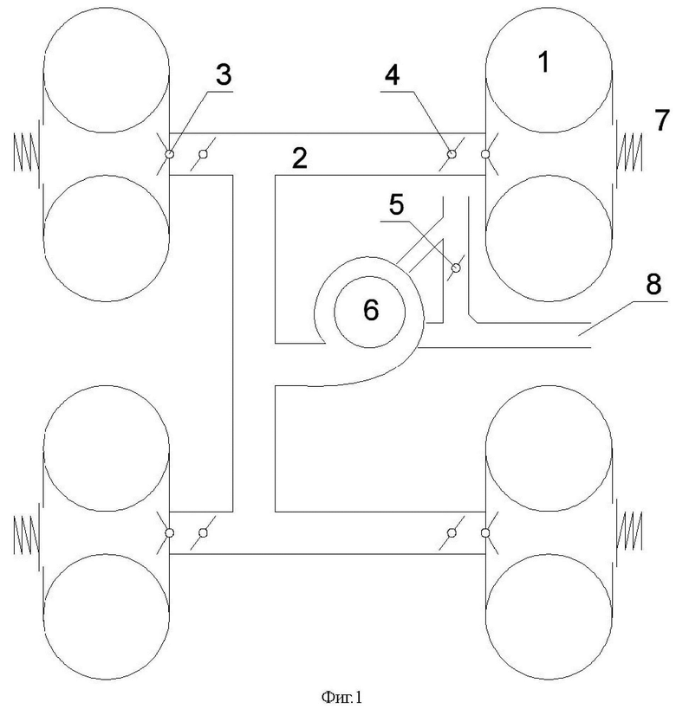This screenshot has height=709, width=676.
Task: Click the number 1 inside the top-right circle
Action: [x=543, y=62]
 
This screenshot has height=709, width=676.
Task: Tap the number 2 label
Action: [x=300, y=158]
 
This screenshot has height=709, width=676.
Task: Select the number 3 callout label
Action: [x=224, y=74]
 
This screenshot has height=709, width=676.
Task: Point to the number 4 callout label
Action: [x=392, y=74]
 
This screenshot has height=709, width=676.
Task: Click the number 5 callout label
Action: [x=396, y=204]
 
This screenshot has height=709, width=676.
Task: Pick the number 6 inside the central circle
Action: [x=371, y=310]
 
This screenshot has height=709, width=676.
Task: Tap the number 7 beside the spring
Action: [x=662, y=119]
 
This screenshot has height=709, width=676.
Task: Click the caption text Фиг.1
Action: [x=341, y=697]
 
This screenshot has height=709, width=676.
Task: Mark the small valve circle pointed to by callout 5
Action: [x=457, y=267]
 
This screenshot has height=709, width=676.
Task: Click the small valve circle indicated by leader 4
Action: [x=452, y=154]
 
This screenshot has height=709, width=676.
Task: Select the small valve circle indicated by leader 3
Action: [x=169, y=154]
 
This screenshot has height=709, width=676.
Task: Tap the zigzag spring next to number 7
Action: [x=629, y=152]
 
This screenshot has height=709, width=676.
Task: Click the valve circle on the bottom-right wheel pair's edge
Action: [x=485, y=533]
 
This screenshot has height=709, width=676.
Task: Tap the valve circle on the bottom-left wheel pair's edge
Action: [x=169, y=533]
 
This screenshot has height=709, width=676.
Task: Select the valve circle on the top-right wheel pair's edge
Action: [x=485, y=154]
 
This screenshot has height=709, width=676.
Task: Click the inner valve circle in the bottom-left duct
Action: [x=204, y=533]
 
